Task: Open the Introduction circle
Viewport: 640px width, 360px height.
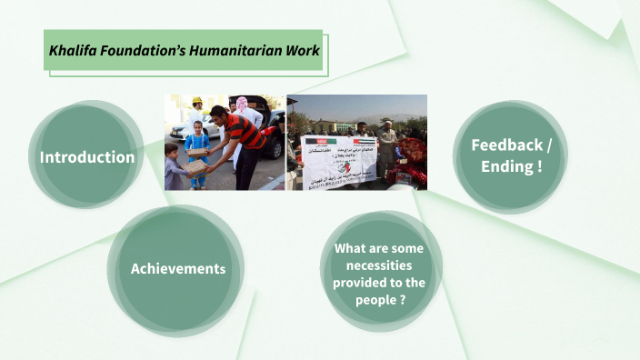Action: (86, 157)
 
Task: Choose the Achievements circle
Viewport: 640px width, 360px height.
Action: (177, 269)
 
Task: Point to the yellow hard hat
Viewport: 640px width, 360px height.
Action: (197, 100)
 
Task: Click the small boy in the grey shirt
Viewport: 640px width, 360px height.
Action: (175, 168)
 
